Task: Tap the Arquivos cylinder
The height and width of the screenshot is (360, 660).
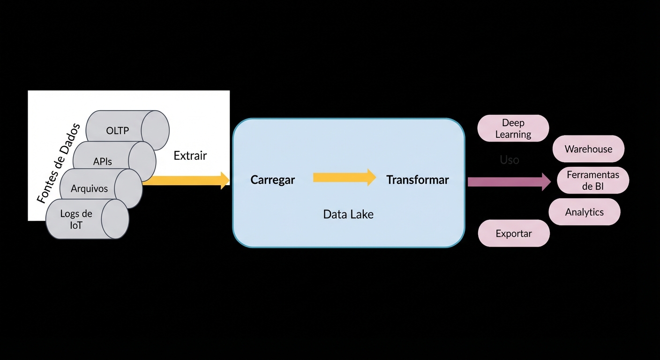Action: point(90,188)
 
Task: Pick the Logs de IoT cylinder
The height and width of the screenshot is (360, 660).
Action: point(76,219)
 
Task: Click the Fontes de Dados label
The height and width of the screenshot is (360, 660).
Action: point(59,164)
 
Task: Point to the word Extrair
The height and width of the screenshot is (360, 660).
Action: point(190,156)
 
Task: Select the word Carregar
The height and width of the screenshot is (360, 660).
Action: point(273,180)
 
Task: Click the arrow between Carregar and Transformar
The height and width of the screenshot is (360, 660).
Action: point(344,177)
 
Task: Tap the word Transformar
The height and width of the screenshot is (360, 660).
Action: point(418,180)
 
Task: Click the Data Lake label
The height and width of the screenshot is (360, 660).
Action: point(348,215)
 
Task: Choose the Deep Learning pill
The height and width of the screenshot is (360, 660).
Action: point(513,128)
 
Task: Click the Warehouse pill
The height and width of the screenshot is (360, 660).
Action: point(588,149)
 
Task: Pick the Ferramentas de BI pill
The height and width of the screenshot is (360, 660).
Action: point(593,180)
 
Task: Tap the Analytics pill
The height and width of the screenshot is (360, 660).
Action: point(585,212)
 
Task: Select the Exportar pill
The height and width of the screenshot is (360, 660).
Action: point(514,233)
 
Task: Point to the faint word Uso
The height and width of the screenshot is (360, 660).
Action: point(510,160)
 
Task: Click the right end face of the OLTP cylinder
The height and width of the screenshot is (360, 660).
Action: point(155,130)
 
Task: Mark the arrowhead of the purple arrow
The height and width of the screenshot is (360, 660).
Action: point(546,182)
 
